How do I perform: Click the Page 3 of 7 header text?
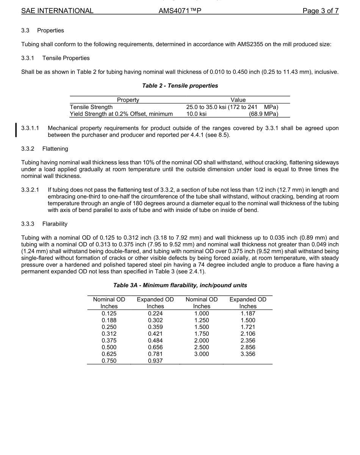pyautogui.click(x=320, y=11)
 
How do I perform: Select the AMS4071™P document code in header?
pyautogui.click(x=180, y=11)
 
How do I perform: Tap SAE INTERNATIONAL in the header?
pyautogui.click(x=57, y=11)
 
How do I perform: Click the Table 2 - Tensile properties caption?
pyautogui.click(x=180, y=86)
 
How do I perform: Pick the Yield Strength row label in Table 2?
pyautogui.click(x=121, y=114)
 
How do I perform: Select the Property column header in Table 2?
pyautogui.click(x=128, y=100)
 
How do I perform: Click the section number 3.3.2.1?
pyautogui.click(x=30, y=190)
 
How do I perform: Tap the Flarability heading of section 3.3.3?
pyautogui.click(x=55, y=224)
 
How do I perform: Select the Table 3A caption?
pyautogui.click(x=180, y=285)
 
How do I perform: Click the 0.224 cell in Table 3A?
pyautogui.click(x=155, y=313)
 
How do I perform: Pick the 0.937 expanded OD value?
pyautogui.click(x=155, y=361)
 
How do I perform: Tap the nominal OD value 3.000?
pyautogui.click(x=201, y=354)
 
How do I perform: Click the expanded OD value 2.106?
pyautogui.click(x=248, y=333)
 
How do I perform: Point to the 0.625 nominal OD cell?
pyautogui.click(x=109, y=354)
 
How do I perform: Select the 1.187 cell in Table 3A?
pyautogui.click(x=248, y=313)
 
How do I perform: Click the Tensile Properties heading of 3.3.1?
pyautogui.click(x=66, y=58)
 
